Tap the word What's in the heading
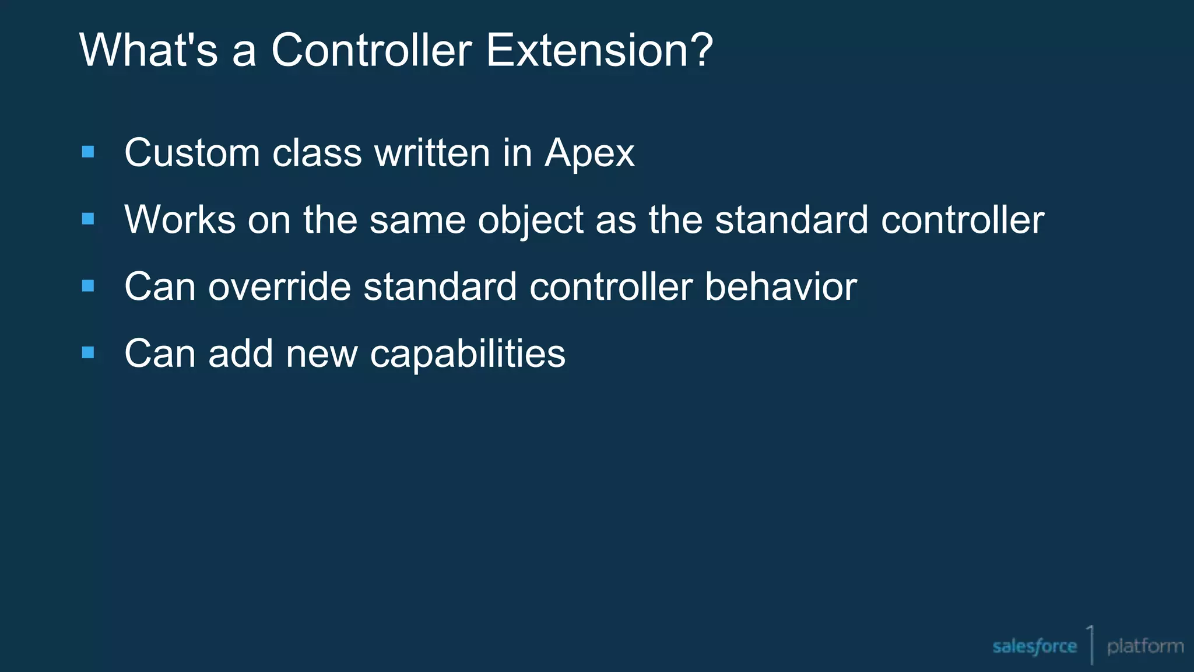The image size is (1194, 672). [148, 50]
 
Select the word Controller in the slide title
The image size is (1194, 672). [371, 50]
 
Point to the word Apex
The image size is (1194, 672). [589, 154]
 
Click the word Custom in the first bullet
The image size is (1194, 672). [192, 153]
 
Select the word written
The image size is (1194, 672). [432, 153]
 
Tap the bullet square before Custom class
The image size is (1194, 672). [88, 152]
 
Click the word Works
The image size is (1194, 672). [180, 220]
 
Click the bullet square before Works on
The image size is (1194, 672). [88, 219]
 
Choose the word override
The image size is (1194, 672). [280, 287]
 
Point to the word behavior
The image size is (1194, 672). [781, 287]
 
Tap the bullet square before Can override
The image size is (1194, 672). [88, 286]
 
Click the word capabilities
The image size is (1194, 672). [468, 355]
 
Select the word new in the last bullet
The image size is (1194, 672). [321, 354]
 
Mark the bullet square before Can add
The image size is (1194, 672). [88, 352]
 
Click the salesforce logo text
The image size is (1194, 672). [1034, 646]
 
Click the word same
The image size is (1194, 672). [417, 220]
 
